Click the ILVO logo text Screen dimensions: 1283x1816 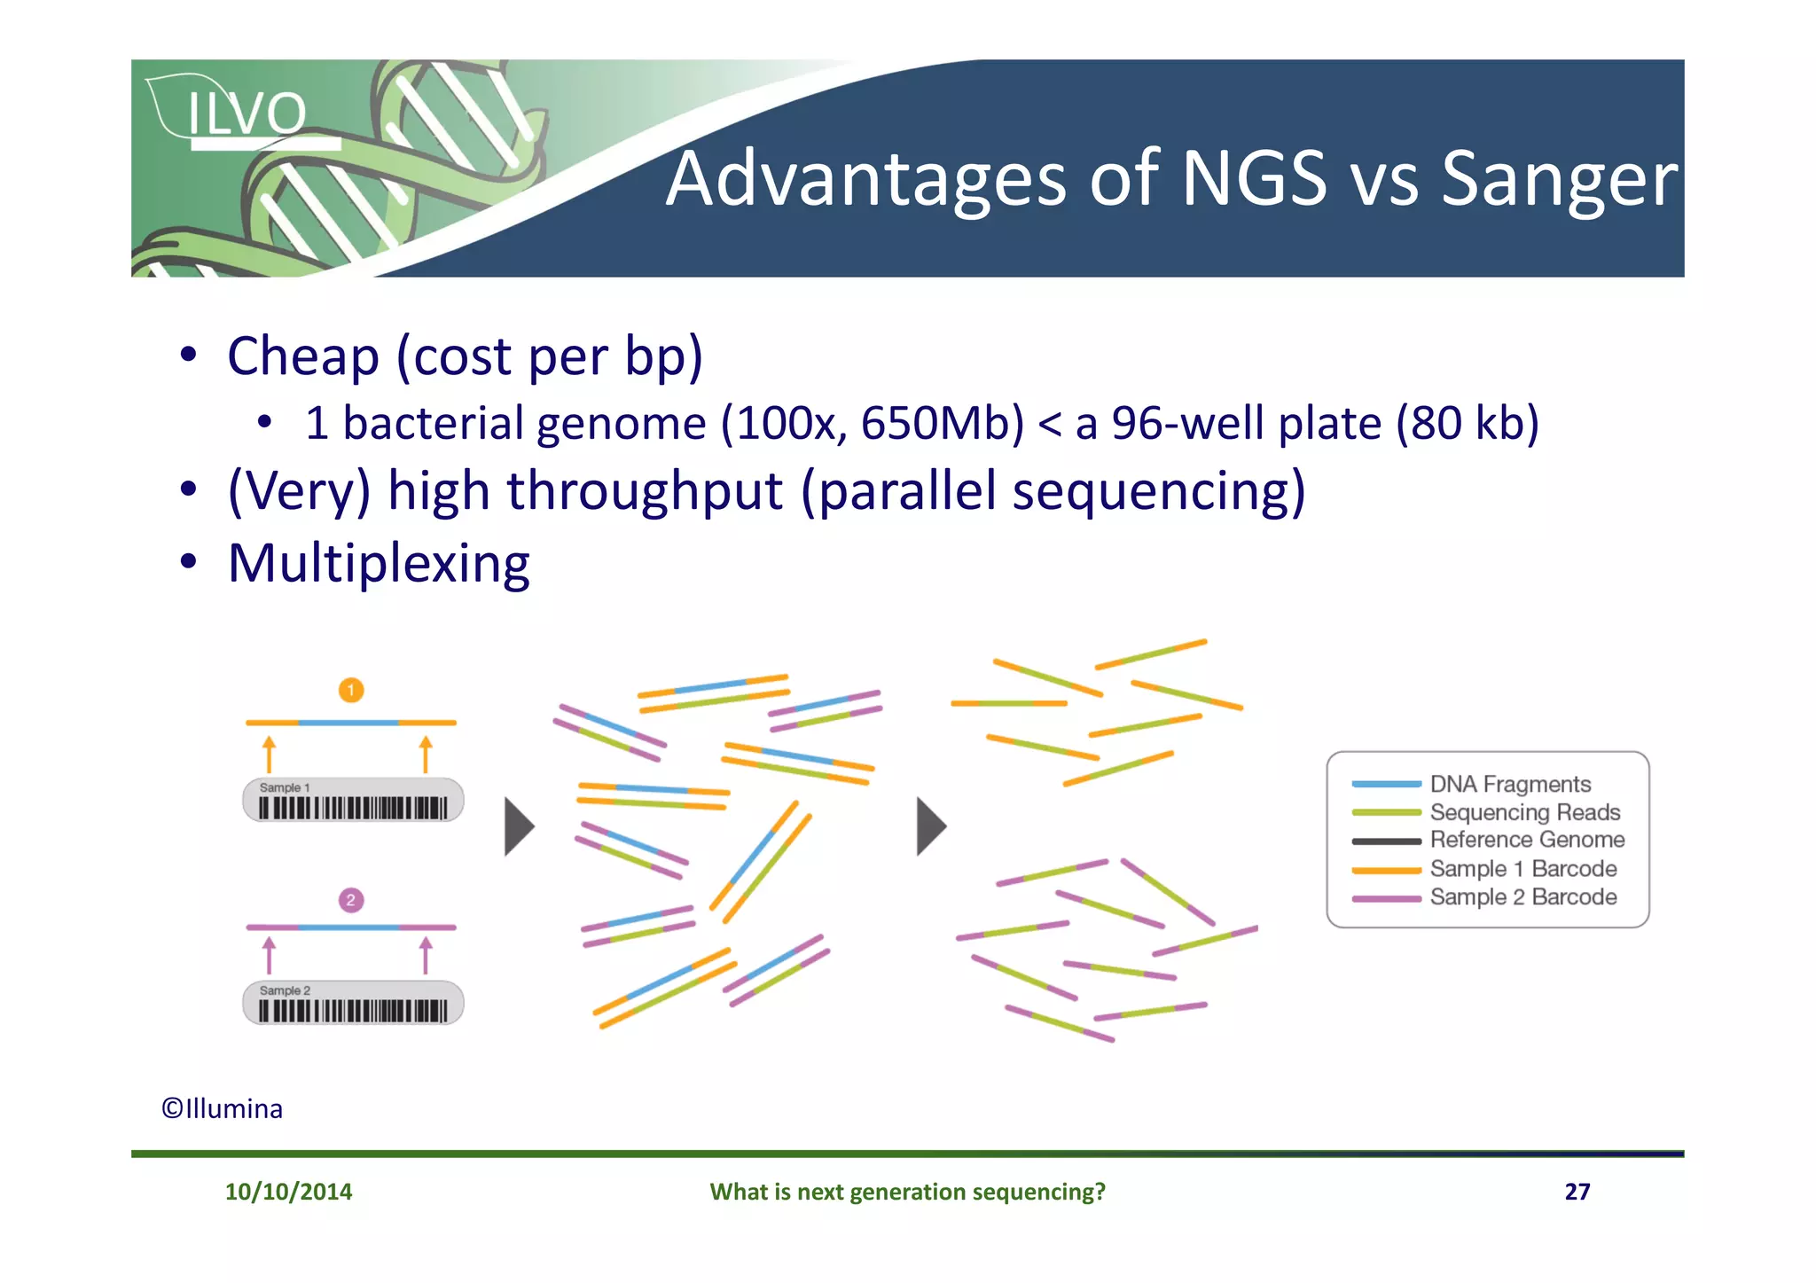coord(247,113)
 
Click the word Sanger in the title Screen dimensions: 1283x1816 coord(1559,181)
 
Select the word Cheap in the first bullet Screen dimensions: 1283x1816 coord(303,356)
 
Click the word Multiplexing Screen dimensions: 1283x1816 coord(379,564)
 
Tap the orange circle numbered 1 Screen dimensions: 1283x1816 coord(351,690)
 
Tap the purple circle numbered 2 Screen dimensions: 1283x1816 coord(351,900)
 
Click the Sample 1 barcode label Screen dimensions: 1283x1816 coord(353,801)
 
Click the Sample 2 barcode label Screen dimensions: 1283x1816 coord(353,1003)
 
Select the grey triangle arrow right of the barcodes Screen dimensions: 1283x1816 coord(519,826)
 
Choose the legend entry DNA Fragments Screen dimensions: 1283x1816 coord(1509,784)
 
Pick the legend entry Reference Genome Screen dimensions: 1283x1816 coord(1526,840)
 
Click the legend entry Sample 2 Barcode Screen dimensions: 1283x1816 coord(1522,897)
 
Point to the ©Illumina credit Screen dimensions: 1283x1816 coord(222,1109)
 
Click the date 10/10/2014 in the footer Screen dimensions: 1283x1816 coord(288,1192)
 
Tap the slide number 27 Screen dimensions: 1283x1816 coord(1577,1192)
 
